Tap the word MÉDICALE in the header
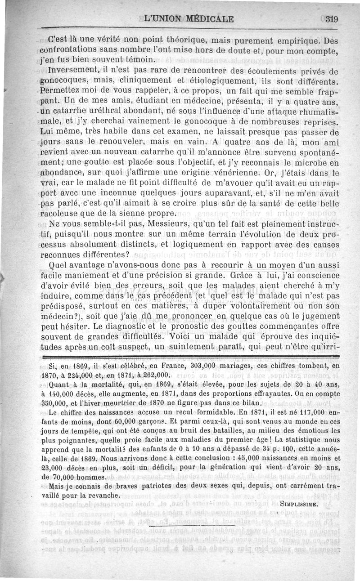click(208, 19)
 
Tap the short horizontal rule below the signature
click(192, 525)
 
